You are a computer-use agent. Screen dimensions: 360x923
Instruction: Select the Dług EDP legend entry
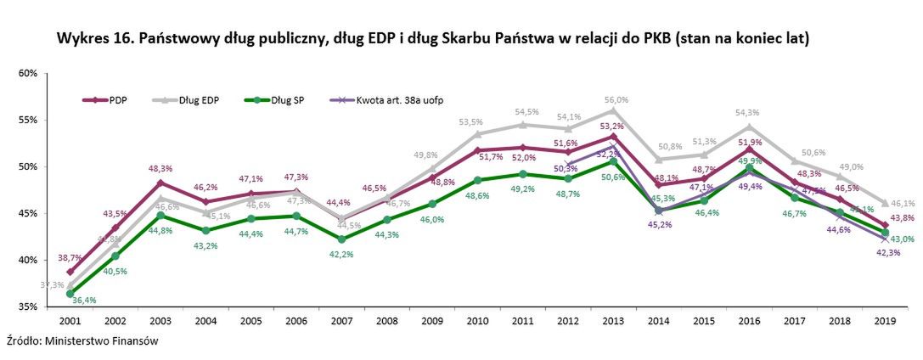186,100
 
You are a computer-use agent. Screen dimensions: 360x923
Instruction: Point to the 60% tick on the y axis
27,73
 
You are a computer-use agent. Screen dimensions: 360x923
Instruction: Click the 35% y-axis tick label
27,307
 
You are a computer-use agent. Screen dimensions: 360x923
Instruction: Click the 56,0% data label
616,99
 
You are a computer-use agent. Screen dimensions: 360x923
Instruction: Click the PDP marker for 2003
160,183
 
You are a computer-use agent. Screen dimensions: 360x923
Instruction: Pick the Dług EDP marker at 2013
612,110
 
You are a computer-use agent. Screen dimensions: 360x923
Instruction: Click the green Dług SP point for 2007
342,239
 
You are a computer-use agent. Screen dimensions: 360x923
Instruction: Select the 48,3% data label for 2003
160,168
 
